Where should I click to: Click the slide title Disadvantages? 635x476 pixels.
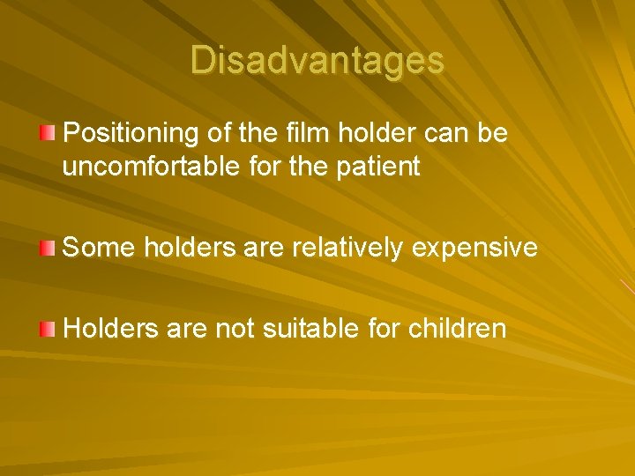(x=317, y=61)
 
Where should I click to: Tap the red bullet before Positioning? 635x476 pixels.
(x=47, y=133)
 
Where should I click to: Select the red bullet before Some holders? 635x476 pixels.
(x=47, y=248)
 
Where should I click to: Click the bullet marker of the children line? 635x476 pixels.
(x=47, y=330)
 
